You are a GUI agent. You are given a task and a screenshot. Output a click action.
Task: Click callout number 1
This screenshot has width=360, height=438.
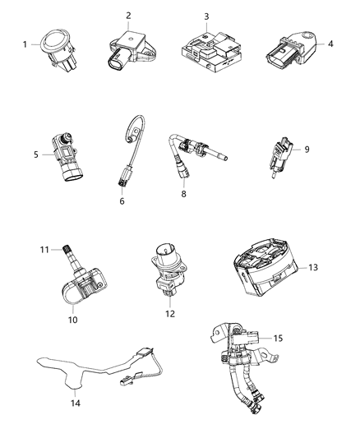coord(25,44)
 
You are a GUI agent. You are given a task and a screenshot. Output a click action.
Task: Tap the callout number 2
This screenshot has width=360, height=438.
coord(128,16)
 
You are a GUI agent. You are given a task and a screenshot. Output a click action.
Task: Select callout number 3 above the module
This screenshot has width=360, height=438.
coord(206,16)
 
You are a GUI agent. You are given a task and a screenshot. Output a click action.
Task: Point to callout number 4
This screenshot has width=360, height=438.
coord(331,44)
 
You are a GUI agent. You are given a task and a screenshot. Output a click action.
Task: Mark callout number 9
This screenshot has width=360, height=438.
coord(307,150)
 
